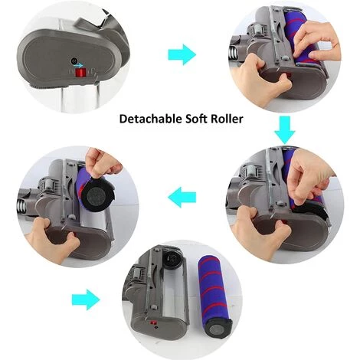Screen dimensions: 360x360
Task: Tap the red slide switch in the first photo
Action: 80,73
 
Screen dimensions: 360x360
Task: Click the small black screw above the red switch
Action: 74,61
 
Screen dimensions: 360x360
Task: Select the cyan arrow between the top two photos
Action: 182,54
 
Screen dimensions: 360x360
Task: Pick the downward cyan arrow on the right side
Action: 285,130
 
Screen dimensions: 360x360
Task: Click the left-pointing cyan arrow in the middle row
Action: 182,197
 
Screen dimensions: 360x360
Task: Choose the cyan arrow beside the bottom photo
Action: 86,299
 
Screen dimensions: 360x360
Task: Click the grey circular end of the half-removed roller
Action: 98,196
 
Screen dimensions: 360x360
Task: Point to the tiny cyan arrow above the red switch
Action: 79,65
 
